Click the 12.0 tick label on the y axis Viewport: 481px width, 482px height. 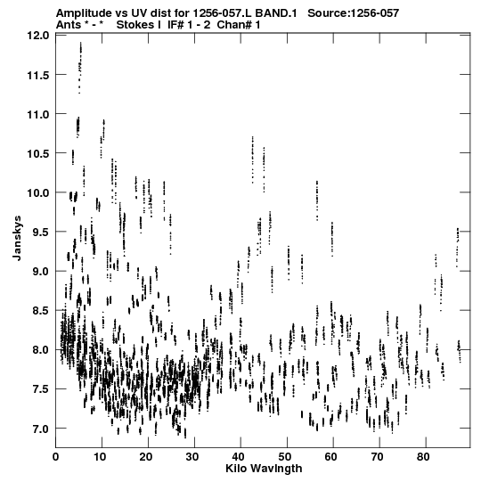coord(37,36)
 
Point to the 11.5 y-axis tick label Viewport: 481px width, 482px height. coord(37,75)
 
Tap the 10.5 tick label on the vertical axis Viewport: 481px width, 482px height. coord(37,153)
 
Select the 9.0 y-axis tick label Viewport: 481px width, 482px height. coord(41,271)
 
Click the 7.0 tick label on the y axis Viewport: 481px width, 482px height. coord(41,429)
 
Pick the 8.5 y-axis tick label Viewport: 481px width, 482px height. coord(41,310)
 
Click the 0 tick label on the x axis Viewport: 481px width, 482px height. coord(55,457)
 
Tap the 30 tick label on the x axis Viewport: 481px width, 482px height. coord(192,457)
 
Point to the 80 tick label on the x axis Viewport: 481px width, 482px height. coord(423,457)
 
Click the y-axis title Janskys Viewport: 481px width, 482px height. coord(17,238)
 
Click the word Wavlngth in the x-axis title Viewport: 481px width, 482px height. coord(276,469)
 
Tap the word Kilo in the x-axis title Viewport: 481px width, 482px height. coord(236,468)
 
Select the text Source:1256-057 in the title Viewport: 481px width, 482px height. coord(353,13)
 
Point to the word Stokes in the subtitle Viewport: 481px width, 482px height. coord(135,25)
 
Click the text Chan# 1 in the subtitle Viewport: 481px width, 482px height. coord(239,25)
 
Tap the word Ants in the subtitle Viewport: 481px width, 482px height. coord(69,25)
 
